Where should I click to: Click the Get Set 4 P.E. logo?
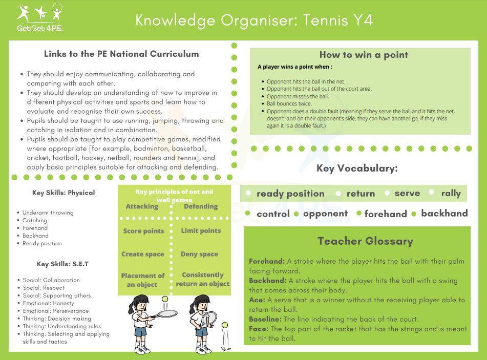point(40,17)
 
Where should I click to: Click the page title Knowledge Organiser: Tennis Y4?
point(254,20)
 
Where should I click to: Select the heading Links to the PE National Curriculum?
point(121,54)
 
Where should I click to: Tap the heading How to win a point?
point(364,55)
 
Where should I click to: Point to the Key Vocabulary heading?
point(357,168)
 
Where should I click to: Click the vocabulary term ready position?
point(290,194)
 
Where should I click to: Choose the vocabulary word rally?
point(451,193)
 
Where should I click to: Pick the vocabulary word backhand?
point(444,213)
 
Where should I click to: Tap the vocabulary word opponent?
point(325,214)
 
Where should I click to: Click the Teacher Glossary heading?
point(365,241)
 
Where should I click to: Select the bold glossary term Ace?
point(257,300)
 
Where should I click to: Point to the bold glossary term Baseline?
point(265,319)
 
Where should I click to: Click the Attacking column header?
point(142,206)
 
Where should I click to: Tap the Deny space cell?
point(199,254)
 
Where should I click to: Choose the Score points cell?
point(143,231)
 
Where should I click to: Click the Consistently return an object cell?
point(203,279)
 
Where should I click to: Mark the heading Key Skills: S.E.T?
point(62,264)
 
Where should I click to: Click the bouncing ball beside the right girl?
point(224,325)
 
